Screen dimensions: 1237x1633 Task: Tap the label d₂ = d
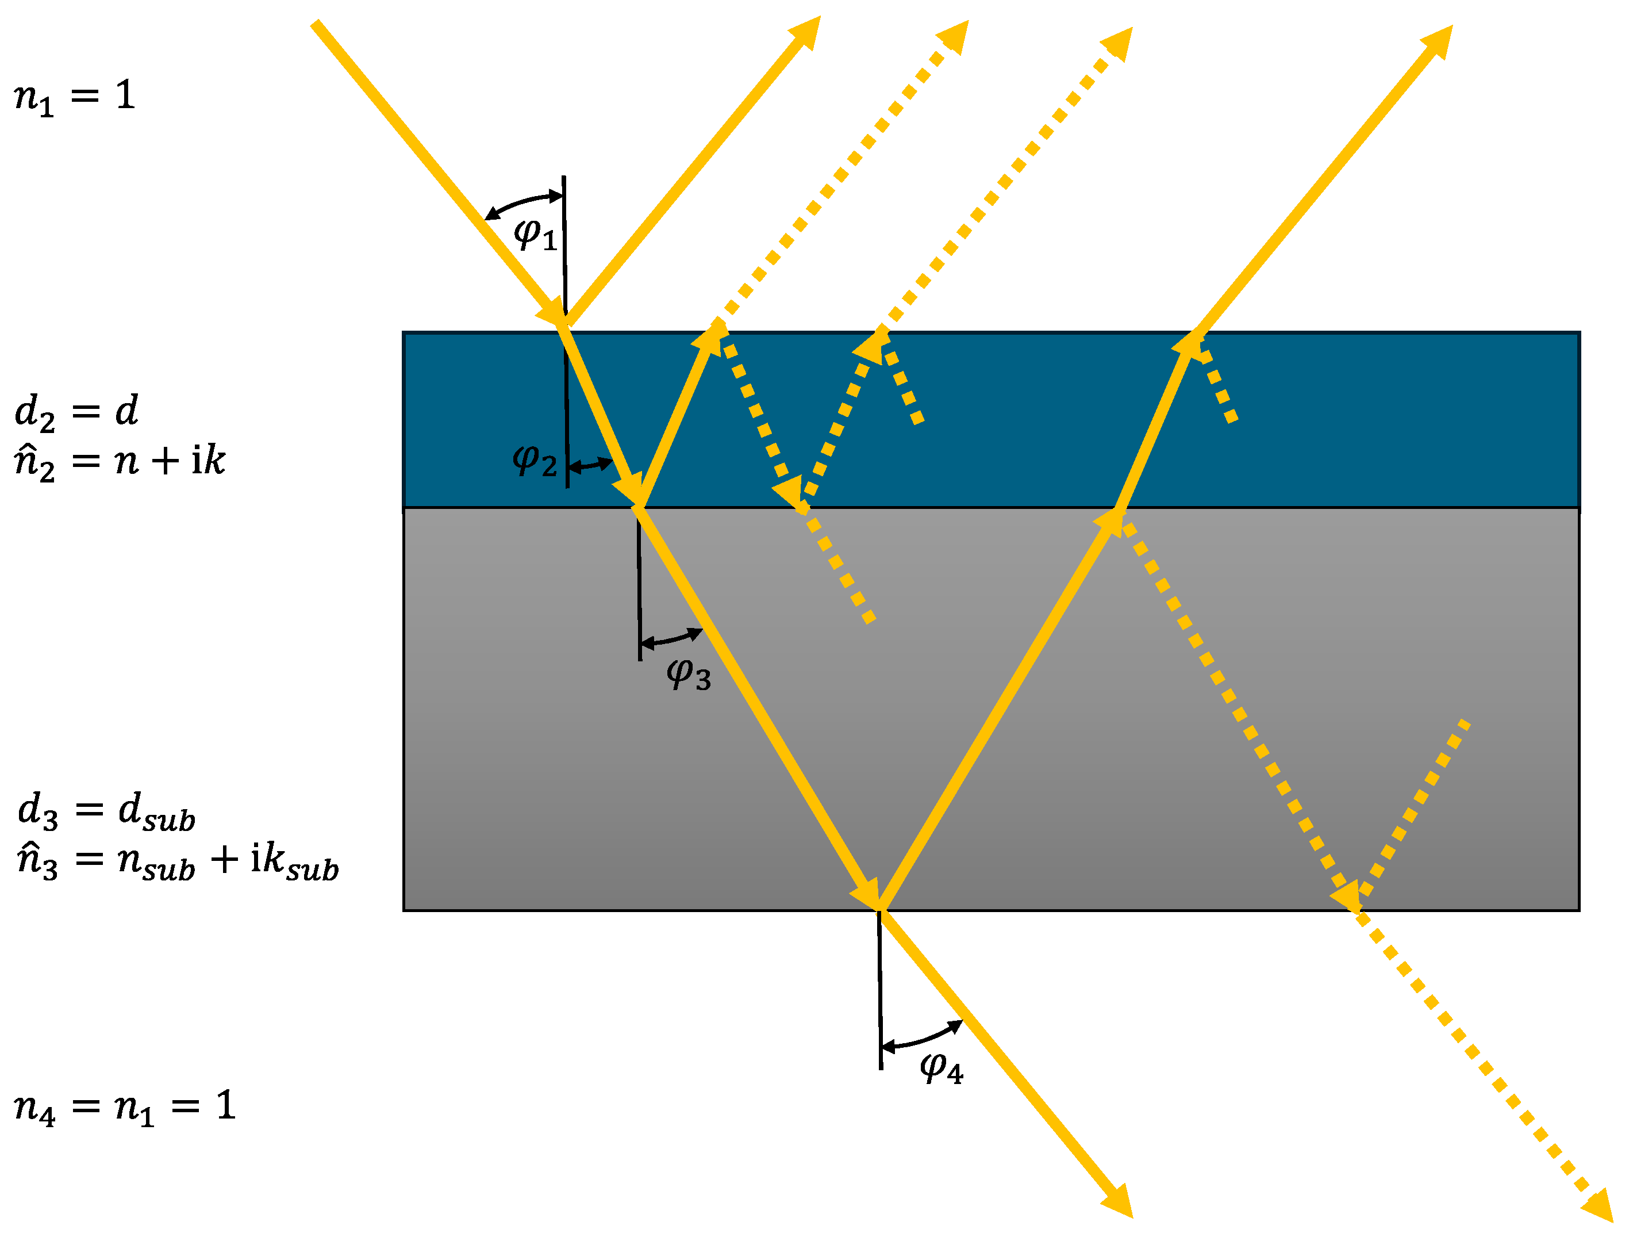(76, 411)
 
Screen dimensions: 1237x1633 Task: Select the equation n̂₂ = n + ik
(120, 462)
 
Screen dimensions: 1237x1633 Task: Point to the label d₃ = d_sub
(106, 810)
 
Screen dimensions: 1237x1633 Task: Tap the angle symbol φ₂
(534, 460)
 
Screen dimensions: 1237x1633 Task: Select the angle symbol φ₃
(688, 673)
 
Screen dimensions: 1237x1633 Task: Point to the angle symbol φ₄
(942, 1068)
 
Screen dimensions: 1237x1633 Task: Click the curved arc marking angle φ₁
(522, 202)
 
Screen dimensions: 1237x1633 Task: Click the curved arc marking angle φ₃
(670, 638)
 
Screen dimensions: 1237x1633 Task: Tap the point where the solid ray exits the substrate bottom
(878, 910)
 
